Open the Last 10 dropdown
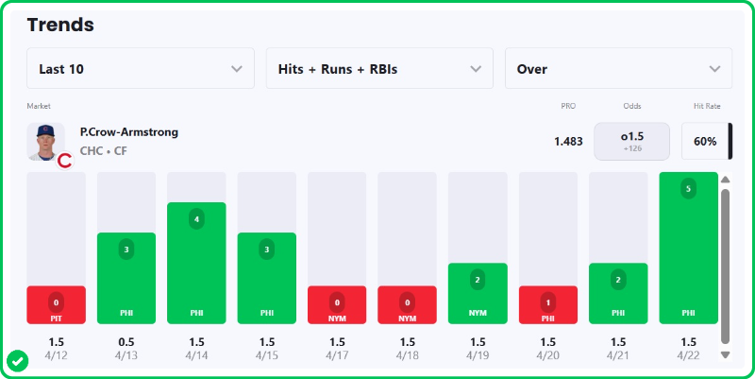click(141, 69)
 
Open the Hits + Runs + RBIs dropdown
click(379, 69)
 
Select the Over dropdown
click(618, 69)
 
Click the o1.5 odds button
click(631, 142)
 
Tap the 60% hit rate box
click(705, 142)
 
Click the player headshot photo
click(45, 142)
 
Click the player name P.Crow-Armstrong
click(129, 132)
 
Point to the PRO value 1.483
click(568, 142)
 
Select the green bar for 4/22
click(688, 248)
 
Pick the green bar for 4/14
click(196, 263)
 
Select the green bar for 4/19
click(478, 293)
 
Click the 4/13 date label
click(126, 355)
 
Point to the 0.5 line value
click(126, 341)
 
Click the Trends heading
click(60, 25)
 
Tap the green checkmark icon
click(17, 360)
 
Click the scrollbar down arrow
click(725, 354)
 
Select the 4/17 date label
click(337, 355)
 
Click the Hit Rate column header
click(707, 106)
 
